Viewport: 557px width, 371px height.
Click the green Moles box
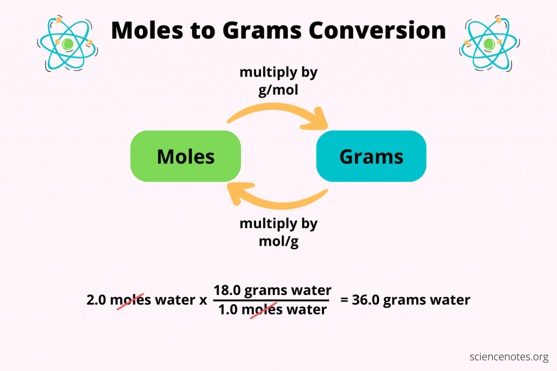click(x=185, y=157)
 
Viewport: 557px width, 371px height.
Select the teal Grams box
click(x=371, y=156)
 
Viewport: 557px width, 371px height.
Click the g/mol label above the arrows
click(x=278, y=89)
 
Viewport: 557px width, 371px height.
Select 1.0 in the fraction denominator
click(x=226, y=310)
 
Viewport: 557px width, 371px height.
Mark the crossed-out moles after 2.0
click(x=131, y=300)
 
